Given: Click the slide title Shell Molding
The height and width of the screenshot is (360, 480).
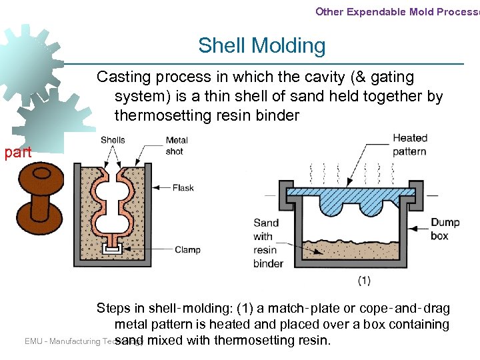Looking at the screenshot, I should (x=261, y=45).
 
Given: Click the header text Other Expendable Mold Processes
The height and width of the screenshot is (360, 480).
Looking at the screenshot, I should (x=397, y=11).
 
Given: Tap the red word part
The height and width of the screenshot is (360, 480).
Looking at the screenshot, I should (x=17, y=152).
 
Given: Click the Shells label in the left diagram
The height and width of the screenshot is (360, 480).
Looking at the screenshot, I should (x=113, y=140).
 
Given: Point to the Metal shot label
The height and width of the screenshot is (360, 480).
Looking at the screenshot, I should (x=177, y=145).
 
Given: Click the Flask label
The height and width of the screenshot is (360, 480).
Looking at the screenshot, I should (x=183, y=187).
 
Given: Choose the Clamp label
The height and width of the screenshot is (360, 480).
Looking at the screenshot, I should (x=187, y=250).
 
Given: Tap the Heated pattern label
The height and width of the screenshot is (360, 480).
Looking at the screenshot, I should (x=409, y=145).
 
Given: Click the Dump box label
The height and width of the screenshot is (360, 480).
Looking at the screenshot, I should (x=445, y=229).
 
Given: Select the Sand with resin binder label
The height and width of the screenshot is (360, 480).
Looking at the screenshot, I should (x=267, y=243).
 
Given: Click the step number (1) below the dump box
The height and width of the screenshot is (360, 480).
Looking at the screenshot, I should (x=364, y=281).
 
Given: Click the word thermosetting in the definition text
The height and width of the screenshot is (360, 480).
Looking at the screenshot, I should (x=160, y=115).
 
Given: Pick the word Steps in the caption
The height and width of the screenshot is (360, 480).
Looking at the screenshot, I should (x=113, y=308).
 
